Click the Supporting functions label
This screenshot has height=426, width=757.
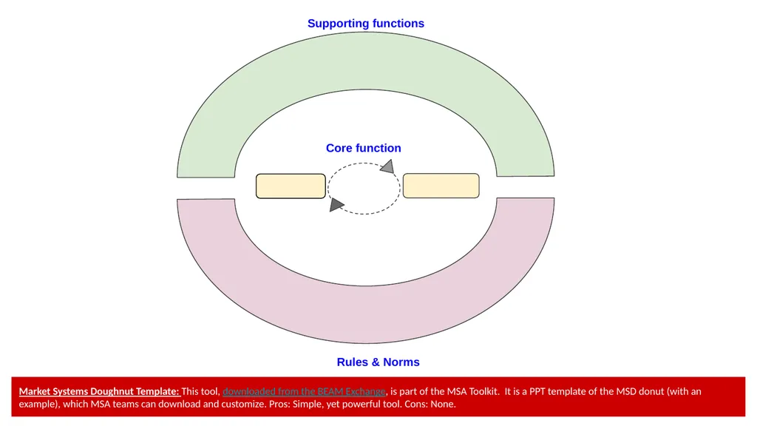(365, 23)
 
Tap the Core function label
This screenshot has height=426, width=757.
(363, 148)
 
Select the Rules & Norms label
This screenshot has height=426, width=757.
(378, 362)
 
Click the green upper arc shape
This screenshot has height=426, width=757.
(365, 61)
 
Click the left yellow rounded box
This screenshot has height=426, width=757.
(291, 186)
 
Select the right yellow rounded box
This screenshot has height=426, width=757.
(441, 186)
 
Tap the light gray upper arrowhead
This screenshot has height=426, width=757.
(387, 166)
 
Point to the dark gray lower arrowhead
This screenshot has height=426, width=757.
(336, 204)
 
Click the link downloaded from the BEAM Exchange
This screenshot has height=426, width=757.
(304, 391)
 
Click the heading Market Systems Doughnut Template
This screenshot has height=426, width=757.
(99, 391)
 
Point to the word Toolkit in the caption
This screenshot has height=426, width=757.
(483, 391)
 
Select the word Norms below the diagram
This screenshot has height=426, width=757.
(401, 362)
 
